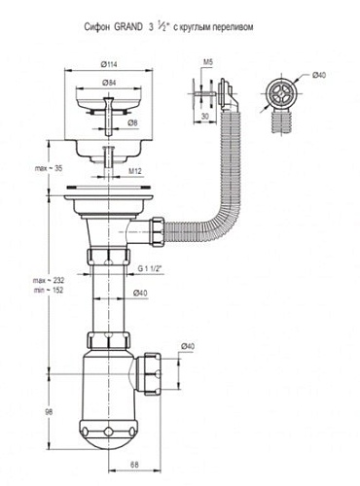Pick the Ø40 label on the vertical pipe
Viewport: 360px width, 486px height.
coord(140,293)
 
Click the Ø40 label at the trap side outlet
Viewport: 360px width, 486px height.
coord(188,346)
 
